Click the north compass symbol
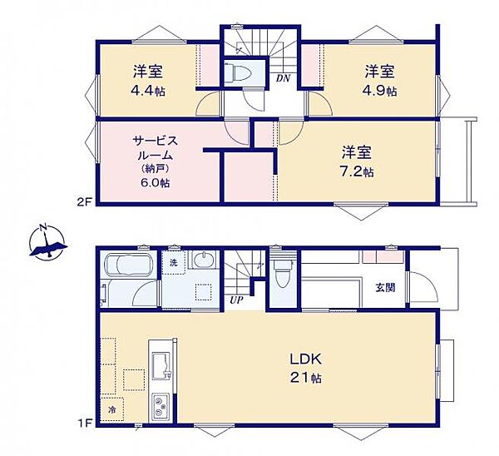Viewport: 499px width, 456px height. click(47, 241)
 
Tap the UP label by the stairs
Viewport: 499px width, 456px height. click(236, 300)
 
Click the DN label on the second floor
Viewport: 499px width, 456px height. click(283, 78)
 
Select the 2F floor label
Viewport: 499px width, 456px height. click(85, 202)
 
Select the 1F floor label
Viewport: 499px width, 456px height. click(85, 423)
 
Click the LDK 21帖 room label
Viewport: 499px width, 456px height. click(305, 369)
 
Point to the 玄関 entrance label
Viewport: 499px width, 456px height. click(385, 288)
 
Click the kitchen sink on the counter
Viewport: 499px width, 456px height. click(161, 365)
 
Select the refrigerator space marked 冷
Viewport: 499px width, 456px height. click(112, 409)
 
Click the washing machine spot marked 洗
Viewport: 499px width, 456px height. click(174, 262)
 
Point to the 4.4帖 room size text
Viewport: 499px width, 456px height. click(148, 92)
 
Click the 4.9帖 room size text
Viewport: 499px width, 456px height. click(380, 92)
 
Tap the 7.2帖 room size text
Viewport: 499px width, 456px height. click(357, 172)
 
